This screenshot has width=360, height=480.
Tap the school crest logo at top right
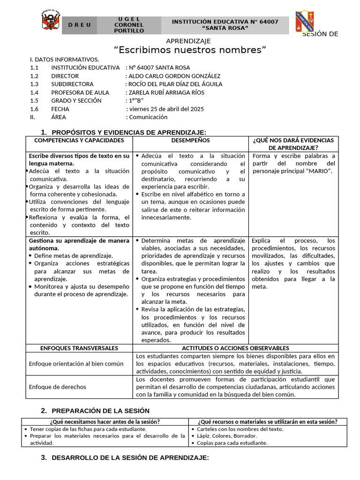(x=304, y=22)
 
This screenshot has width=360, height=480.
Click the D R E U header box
(x=79, y=25)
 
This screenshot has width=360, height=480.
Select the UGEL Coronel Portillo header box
(x=129, y=25)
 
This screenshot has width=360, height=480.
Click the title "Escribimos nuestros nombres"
(x=190, y=50)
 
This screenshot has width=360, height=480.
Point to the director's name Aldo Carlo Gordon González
(x=174, y=76)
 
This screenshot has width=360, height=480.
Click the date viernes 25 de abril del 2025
(x=166, y=109)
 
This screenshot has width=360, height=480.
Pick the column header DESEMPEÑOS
(x=190, y=141)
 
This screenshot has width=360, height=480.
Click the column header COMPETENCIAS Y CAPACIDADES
(x=79, y=141)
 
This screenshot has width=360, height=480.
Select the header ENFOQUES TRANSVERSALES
(x=79, y=348)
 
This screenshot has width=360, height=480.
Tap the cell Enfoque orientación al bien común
(x=76, y=364)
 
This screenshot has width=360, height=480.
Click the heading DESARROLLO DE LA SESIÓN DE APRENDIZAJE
(x=130, y=457)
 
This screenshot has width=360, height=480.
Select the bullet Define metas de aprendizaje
(x=73, y=256)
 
